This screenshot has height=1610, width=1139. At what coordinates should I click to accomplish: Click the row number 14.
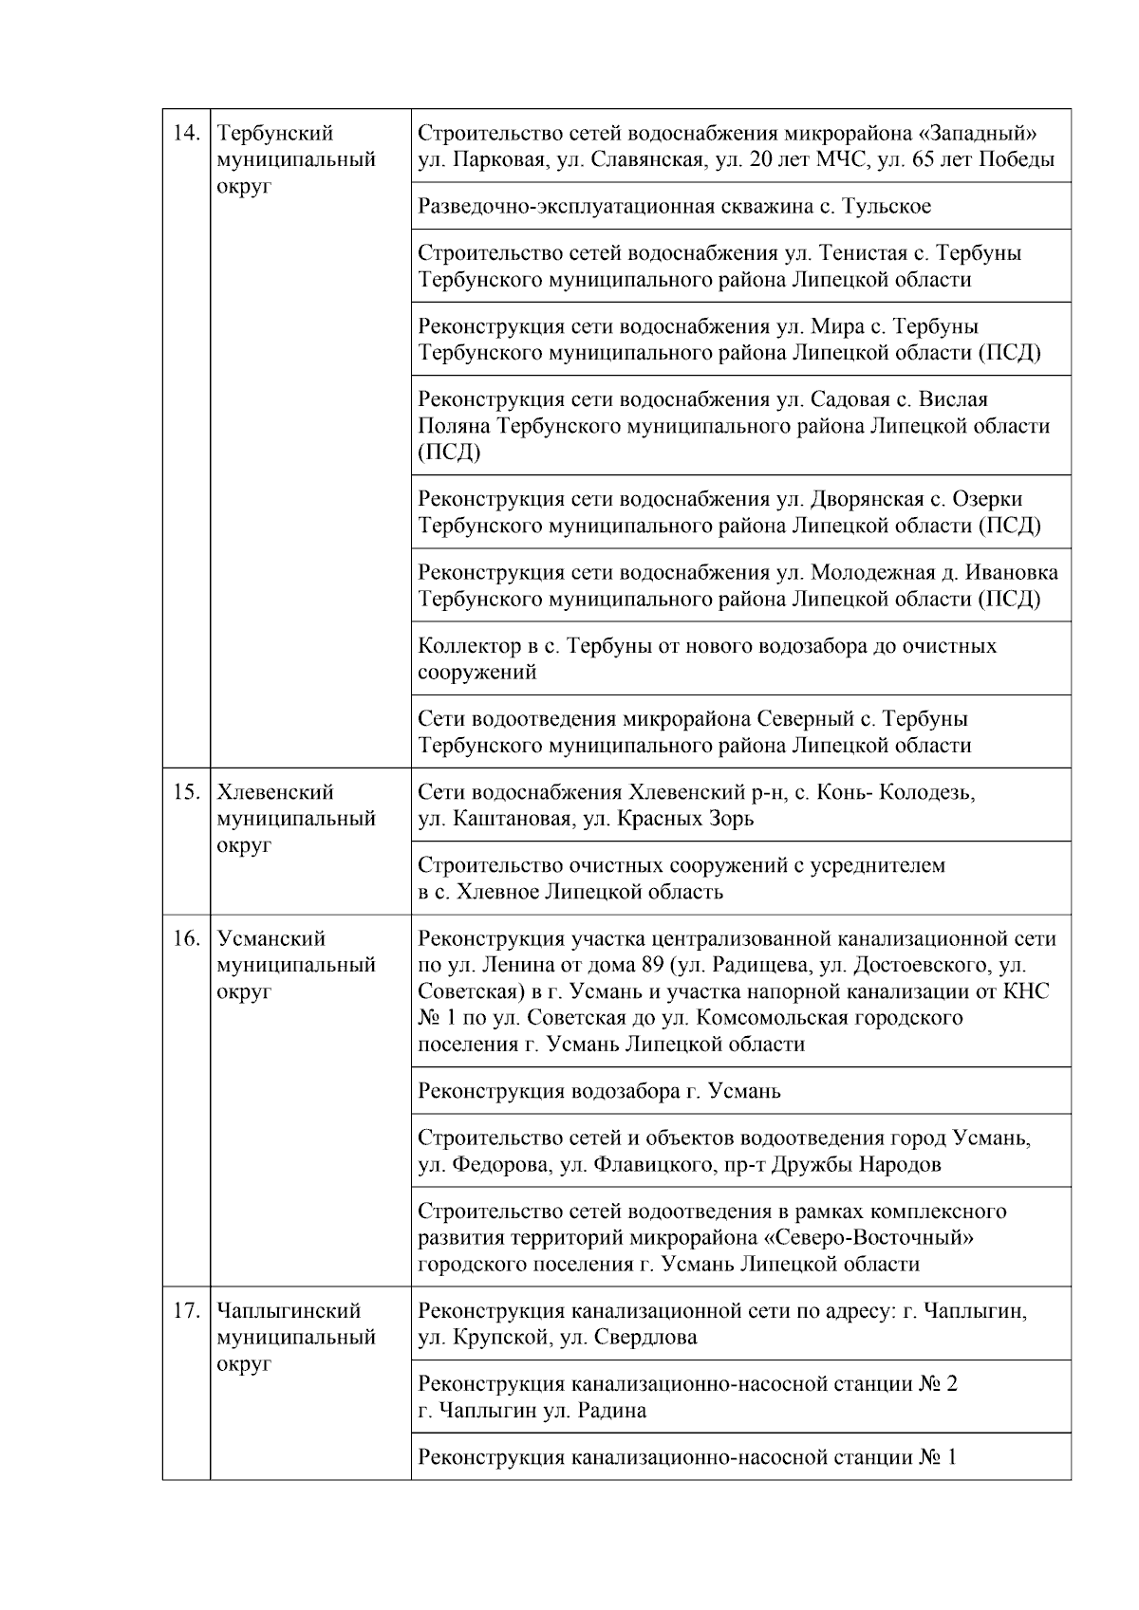(x=184, y=133)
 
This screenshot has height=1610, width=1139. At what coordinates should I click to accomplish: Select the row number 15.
(x=184, y=792)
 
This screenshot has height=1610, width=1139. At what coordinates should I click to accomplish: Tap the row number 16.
(x=184, y=938)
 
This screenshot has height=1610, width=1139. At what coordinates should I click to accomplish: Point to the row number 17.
(x=184, y=1311)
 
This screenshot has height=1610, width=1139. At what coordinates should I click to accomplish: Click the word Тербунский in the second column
(x=275, y=133)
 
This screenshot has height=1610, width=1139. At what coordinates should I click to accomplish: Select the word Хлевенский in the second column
(x=275, y=792)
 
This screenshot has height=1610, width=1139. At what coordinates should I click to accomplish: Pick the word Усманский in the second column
(x=271, y=938)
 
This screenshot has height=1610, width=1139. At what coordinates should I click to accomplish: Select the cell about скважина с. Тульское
(x=674, y=206)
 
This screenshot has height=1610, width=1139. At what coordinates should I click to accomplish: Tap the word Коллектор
(x=465, y=646)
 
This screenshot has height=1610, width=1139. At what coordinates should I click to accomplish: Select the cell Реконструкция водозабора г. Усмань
(x=599, y=1091)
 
